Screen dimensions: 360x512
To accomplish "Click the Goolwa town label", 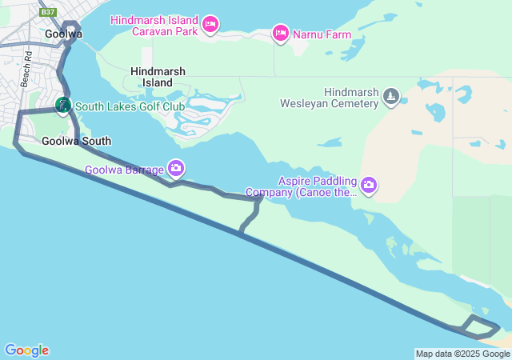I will click(x=63, y=34).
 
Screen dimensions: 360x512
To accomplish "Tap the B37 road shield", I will click(x=49, y=12).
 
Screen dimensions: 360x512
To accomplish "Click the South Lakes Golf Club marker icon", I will click(x=62, y=105).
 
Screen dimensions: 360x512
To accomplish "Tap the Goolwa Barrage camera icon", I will click(x=176, y=168).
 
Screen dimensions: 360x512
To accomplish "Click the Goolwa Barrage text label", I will click(x=124, y=170).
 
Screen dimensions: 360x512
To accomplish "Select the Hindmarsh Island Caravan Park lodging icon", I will click(x=210, y=25).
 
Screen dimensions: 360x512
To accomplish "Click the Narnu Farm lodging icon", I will click(x=280, y=33).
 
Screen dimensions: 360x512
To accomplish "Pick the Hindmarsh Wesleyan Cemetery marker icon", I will click(x=390, y=97).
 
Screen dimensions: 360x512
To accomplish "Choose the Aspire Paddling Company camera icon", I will click(x=368, y=186).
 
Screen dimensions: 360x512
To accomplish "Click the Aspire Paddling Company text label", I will click(x=302, y=186).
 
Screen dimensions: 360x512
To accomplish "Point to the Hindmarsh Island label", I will click(x=158, y=77).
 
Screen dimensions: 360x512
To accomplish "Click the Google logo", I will click(x=26, y=350).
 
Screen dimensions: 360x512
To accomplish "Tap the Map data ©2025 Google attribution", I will click(x=462, y=354).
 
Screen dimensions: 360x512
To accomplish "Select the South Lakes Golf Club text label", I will click(x=130, y=106).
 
